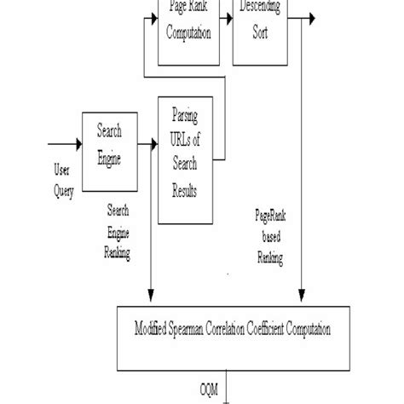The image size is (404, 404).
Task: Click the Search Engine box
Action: point(109,145)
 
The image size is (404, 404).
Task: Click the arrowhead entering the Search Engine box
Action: point(78,144)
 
